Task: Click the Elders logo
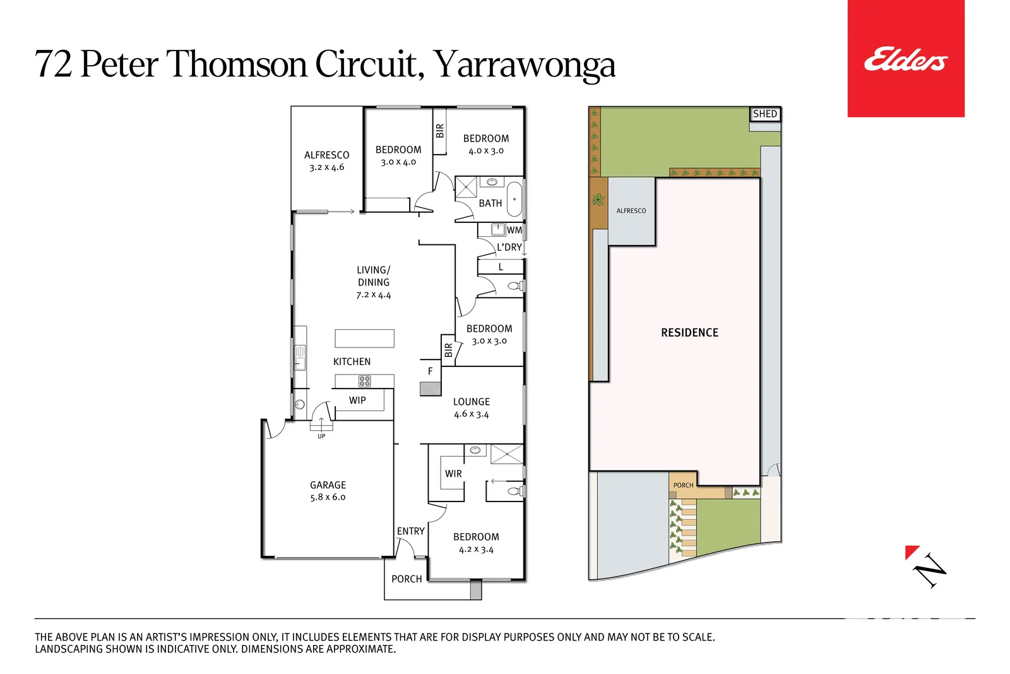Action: click(905, 59)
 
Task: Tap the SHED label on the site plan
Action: click(764, 114)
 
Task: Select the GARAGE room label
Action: click(328, 485)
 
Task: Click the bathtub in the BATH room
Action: click(514, 199)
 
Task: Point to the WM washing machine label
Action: click(514, 230)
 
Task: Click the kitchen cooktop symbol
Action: click(364, 381)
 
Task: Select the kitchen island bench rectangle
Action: click(364, 339)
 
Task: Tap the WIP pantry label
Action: click(357, 400)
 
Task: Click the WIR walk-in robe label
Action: click(453, 474)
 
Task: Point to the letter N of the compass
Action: click(930, 570)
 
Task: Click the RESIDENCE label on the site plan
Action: click(689, 333)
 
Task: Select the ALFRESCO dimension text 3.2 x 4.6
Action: click(327, 167)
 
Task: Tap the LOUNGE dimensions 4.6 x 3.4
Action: click(471, 414)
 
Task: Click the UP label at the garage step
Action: click(321, 436)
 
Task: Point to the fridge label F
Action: click(430, 371)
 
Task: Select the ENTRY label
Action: click(410, 531)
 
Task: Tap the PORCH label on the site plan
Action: click(683, 485)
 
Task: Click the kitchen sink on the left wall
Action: click(300, 358)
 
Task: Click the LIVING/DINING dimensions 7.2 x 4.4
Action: click(373, 295)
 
